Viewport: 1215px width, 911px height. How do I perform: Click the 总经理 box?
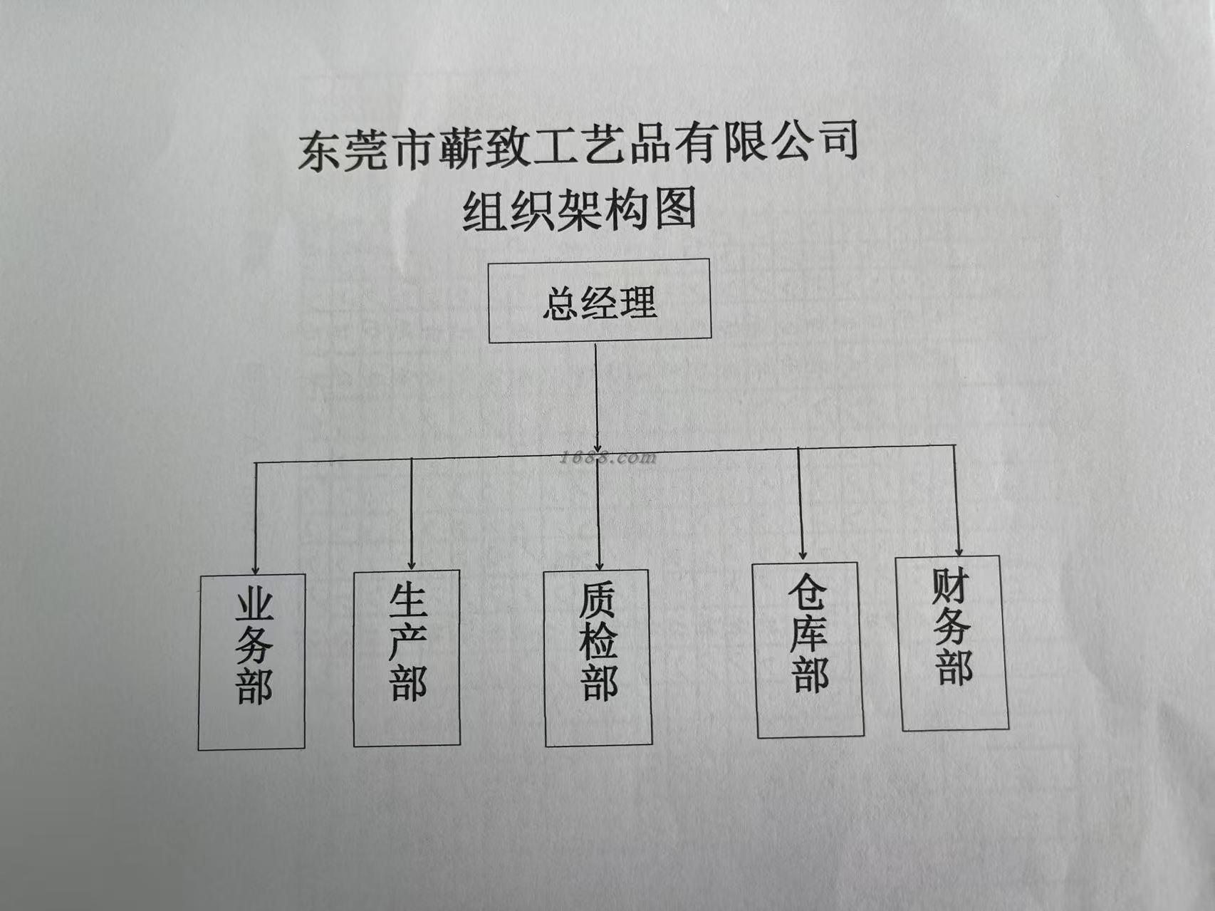tap(599, 301)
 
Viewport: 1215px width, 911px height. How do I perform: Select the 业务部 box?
tap(252, 662)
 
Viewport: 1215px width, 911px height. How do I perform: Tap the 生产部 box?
tap(407, 658)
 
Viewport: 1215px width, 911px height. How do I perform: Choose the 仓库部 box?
tap(809, 650)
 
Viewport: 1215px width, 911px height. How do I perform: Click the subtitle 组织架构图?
tap(579, 210)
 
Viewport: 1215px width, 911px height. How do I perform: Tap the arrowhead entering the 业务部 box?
tap(256, 568)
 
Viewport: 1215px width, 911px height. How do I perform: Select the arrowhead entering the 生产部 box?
tap(412, 564)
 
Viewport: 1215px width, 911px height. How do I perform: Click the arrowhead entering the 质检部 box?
tap(600, 564)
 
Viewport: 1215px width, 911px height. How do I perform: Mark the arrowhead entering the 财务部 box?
tap(959, 550)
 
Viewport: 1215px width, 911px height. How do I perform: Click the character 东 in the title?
tap(318, 152)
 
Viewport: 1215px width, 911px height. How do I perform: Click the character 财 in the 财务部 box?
tap(951, 586)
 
